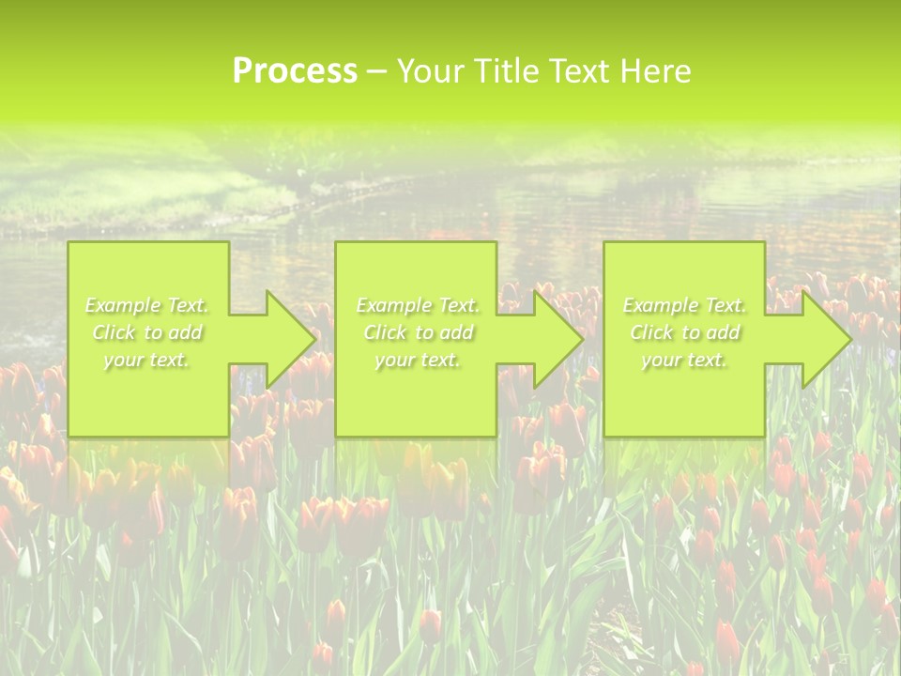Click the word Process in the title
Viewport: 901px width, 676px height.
pos(295,71)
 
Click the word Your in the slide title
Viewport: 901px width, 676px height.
pos(431,71)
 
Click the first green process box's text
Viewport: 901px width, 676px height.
pos(147,332)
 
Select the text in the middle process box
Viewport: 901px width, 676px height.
pos(418,332)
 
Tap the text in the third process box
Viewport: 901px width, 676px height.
pos(684,332)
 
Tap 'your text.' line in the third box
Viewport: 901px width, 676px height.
pos(684,360)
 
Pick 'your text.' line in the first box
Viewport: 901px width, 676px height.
pos(147,360)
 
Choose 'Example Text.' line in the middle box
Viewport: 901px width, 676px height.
pos(418,305)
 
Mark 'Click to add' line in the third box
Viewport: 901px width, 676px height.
pos(684,332)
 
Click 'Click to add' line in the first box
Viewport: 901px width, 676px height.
pos(147,332)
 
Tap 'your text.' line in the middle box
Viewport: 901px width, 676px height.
pos(418,360)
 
